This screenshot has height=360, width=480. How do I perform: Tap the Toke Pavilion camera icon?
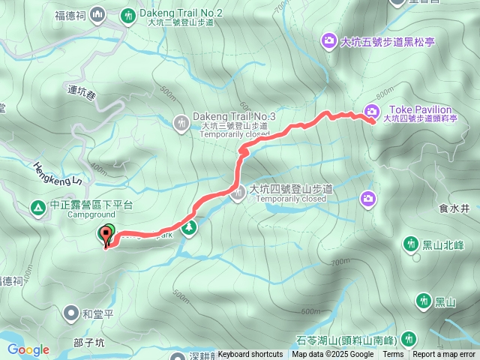click(x=370, y=112)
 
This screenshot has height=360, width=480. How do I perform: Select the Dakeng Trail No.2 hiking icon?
click(x=129, y=15)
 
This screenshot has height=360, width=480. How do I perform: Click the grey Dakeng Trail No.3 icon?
click(x=181, y=121)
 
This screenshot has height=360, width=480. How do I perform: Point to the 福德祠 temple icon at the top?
click(x=97, y=15)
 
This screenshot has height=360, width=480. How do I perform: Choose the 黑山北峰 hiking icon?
click(x=410, y=244)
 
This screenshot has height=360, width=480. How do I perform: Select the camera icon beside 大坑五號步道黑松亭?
click(x=328, y=40)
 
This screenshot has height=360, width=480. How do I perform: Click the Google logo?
click(x=28, y=349)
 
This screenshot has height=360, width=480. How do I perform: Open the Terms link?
click(x=393, y=355)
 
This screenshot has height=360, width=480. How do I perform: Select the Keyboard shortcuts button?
click(x=250, y=355)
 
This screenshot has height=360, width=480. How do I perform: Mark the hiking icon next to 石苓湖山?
click(x=409, y=338)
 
